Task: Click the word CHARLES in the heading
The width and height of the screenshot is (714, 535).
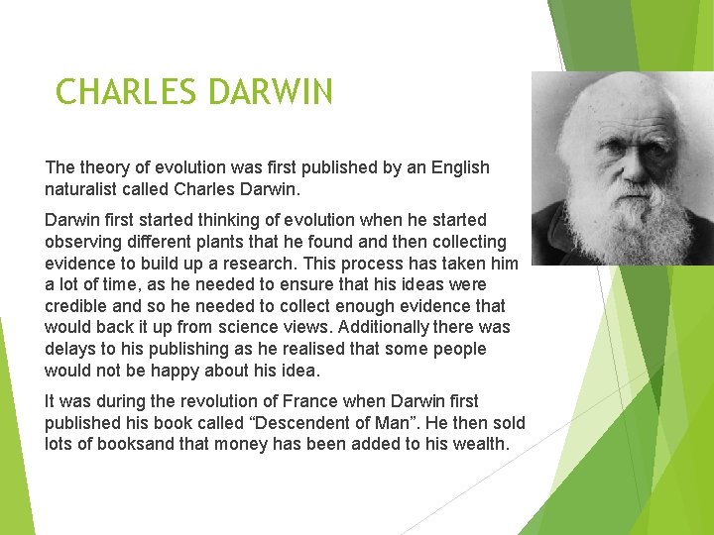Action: click(x=126, y=92)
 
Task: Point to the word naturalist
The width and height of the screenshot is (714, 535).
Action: click(x=81, y=188)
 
